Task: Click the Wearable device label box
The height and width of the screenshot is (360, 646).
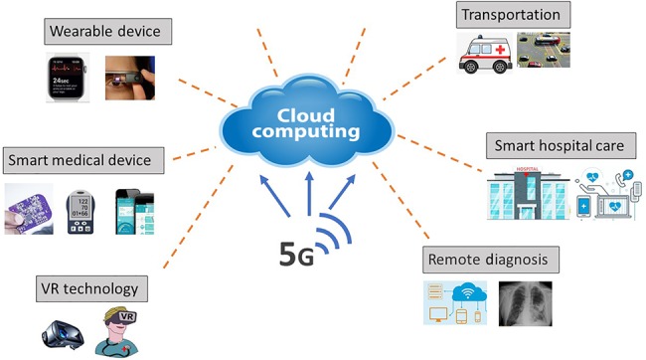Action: click(108, 32)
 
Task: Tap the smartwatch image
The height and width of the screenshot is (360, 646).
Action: click(68, 78)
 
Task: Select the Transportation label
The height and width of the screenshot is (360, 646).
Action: click(514, 15)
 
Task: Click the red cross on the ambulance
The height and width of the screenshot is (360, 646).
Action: click(500, 50)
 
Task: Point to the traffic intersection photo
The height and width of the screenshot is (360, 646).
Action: click(544, 50)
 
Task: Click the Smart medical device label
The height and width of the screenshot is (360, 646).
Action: click(83, 160)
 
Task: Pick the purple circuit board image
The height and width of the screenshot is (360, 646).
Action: click(29, 209)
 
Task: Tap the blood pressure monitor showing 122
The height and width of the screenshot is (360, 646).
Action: click(81, 212)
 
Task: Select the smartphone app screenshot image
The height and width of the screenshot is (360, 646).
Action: click(135, 212)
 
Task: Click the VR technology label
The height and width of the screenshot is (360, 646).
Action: click(91, 288)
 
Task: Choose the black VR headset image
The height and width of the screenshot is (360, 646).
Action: click(63, 334)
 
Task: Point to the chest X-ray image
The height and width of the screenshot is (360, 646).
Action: click(526, 304)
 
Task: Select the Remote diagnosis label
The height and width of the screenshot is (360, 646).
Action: click(491, 260)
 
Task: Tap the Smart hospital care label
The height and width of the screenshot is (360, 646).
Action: click(562, 146)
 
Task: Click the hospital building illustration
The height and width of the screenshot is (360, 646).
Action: click(528, 193)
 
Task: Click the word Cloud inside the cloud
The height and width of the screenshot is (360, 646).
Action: click(306, 115)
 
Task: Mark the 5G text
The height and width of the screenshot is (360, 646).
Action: click(296, 254)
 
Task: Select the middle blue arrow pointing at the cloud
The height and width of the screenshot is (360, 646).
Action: click(309, 193)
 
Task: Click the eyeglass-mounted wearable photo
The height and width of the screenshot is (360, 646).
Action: click(130, 78)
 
